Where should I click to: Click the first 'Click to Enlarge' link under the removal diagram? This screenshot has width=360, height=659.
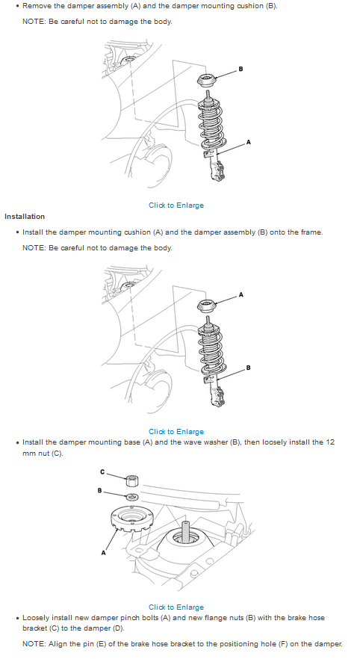[176, 205]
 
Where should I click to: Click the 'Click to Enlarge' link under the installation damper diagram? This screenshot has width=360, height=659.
[176, 432]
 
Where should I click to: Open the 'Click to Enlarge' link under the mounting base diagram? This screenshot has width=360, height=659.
[176, 607]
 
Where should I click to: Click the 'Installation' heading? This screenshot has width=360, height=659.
[25, 217]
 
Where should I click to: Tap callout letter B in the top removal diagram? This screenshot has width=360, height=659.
[240, 69]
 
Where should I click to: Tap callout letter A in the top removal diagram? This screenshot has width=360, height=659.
[248, 143]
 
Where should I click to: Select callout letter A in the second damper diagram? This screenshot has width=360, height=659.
[240, 295]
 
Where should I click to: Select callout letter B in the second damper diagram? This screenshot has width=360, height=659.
[248, 368]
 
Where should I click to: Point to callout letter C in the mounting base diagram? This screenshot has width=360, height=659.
[102, 472]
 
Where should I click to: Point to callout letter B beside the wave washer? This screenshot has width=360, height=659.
[99, 490]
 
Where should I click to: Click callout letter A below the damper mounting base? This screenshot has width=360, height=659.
[103, 553]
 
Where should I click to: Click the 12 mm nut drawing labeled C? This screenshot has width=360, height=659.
[132, 480]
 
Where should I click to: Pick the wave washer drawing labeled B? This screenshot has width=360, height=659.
[132, 497]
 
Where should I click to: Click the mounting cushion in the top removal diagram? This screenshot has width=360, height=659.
[206, 80]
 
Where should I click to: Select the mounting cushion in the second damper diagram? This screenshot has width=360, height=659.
[206, 306]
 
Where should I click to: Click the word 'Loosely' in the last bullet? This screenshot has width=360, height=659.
[37, 618]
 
